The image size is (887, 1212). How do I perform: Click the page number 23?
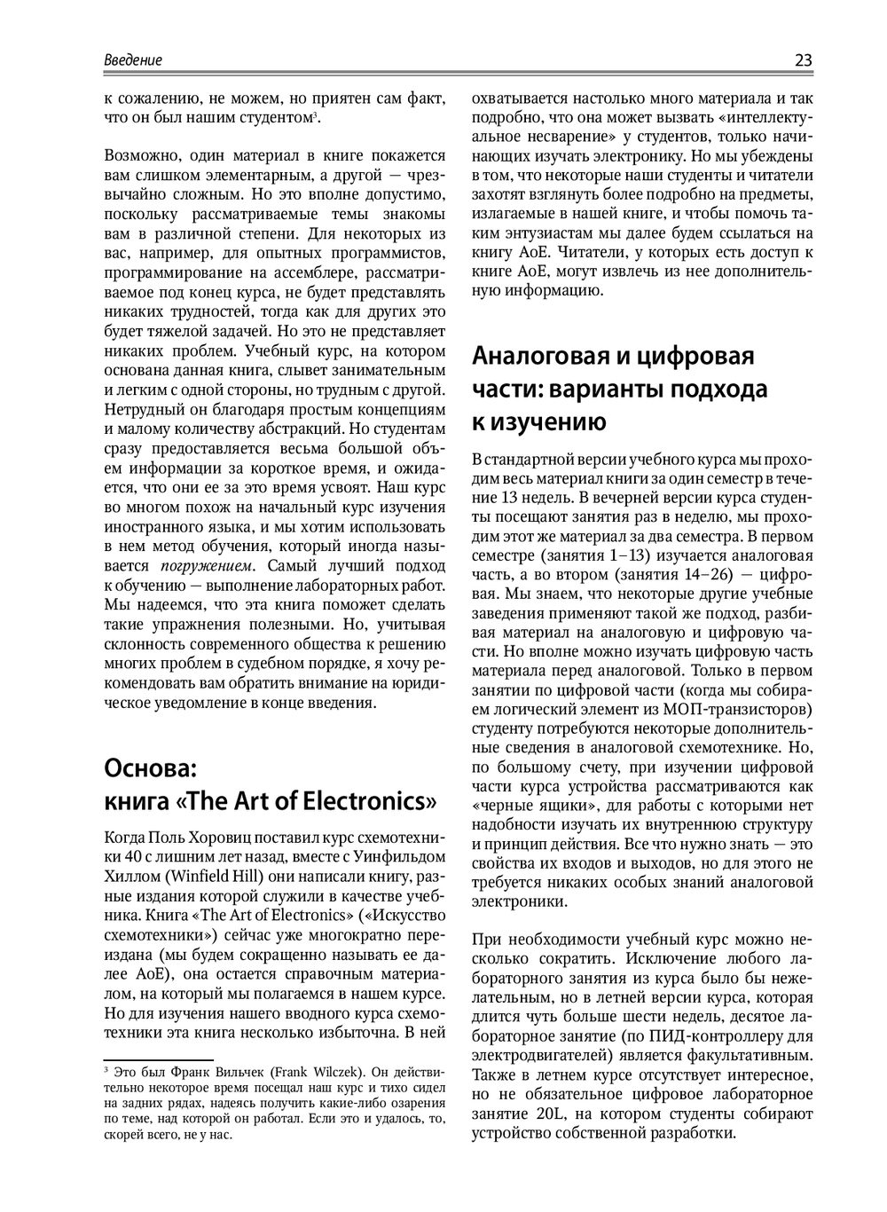(803, 60)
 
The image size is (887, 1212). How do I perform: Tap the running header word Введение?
(133, 60)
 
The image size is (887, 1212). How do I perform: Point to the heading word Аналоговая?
(537, 356)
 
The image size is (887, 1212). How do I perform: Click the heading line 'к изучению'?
(539, 422)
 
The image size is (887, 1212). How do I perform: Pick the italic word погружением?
(207, 566)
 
